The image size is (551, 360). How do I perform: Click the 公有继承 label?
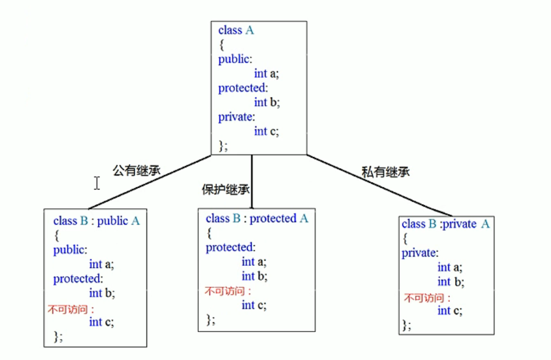point(136,170)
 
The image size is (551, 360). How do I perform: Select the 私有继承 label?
point(385,172)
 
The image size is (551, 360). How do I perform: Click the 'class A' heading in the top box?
point(236,30)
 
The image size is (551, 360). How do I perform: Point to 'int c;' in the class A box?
point(266,131)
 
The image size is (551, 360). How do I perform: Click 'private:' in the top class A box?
point(237,117)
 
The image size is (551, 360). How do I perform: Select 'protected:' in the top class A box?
point(242,88)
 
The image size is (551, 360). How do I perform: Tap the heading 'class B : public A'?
point(96,221)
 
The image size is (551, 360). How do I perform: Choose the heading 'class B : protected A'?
point(257,219)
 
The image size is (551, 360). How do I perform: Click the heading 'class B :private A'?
point(446,224)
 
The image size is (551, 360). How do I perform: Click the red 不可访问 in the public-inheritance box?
point(70,309)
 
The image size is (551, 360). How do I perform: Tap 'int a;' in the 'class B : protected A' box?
point(254,262)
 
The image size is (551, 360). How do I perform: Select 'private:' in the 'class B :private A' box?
point(420,253)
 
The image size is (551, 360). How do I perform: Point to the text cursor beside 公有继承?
point(96,183)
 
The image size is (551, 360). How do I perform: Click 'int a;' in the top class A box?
point(266,74)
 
